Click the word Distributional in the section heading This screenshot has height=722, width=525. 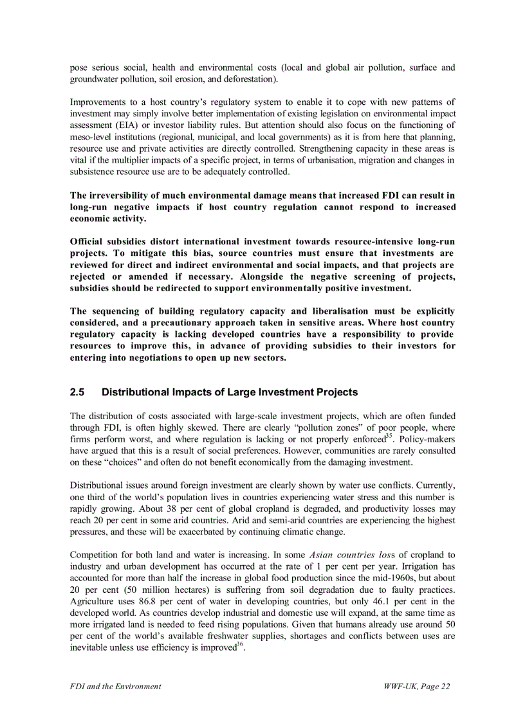pos(134,392)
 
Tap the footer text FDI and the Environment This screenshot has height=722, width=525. pos(115,686)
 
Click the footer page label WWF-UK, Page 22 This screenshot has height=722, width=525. pos(416,686)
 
